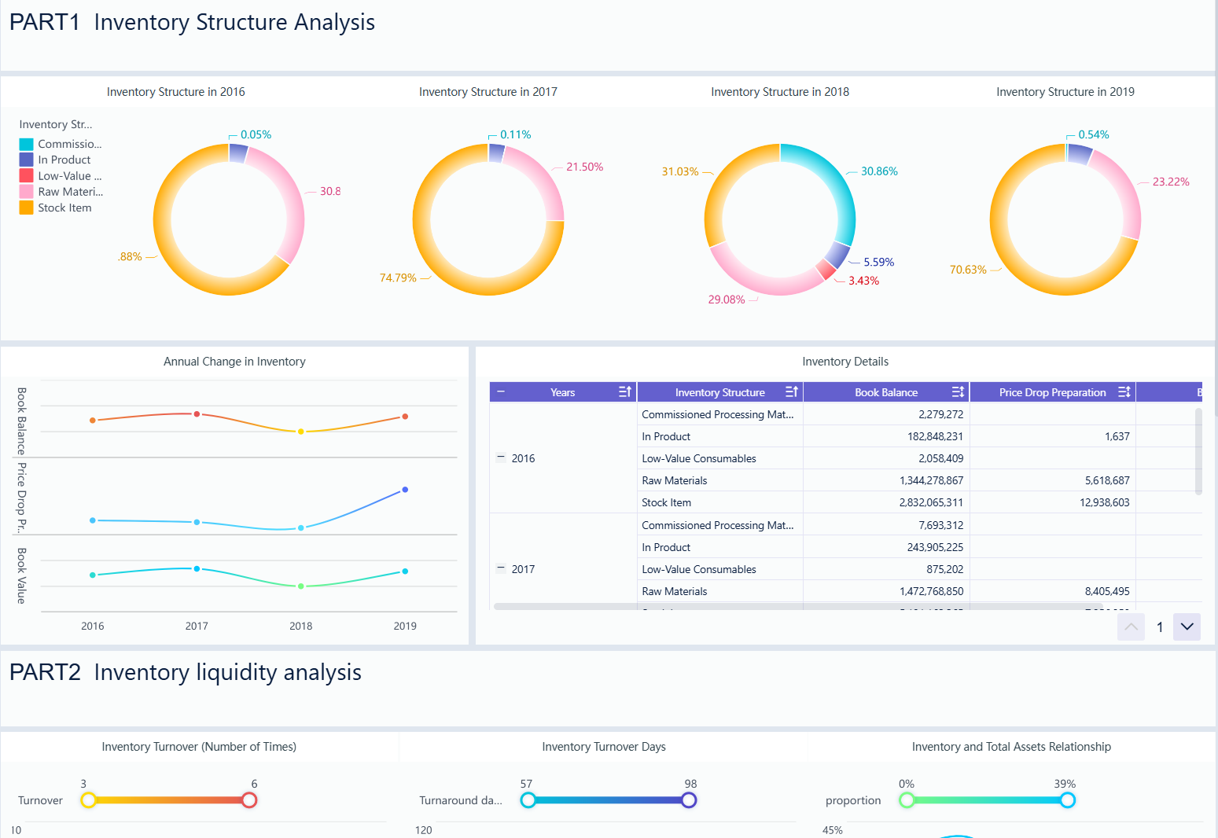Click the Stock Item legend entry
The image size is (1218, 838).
click(64, 208)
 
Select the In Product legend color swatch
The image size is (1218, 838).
click(26, 160)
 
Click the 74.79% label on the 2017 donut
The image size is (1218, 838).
click(398, 277)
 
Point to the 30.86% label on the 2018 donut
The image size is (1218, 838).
click(878, 171)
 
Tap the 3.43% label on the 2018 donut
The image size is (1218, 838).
click(863, 281)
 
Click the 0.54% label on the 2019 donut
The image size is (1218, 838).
click(1093, 134)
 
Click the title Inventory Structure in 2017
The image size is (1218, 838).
click(488, 92)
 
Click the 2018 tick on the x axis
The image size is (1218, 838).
click(300, 626)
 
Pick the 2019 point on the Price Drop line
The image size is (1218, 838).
click(405, 490)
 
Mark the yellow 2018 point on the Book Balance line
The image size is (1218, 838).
click(300, 432)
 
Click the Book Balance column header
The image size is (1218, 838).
click(885, 392)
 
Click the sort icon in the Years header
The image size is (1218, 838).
click(625, 391)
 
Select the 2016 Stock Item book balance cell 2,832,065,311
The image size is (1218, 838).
click(931, 502)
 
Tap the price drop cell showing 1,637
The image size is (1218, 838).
click(1117, 436)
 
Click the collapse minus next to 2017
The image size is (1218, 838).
click(501, 568)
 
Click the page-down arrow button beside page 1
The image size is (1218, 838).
click(1187, 627)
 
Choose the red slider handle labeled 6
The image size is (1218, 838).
click(249, 800)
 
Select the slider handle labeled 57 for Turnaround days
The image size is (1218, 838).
click(528, 800)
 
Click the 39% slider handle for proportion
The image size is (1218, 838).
click(1067, 800)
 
